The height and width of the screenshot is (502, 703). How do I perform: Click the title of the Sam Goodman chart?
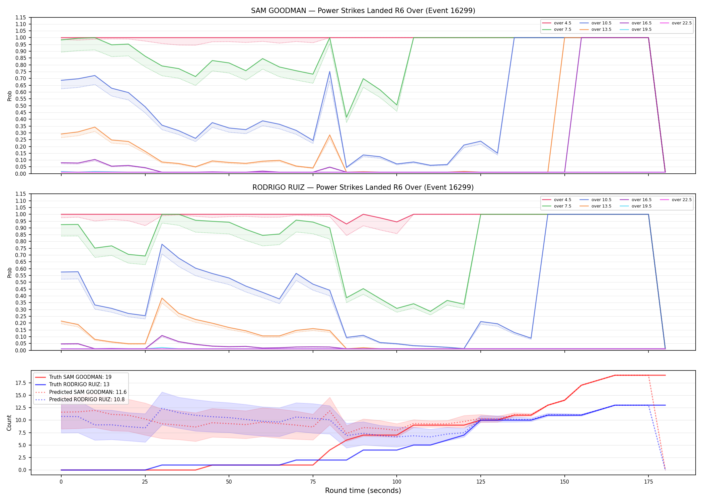point(363,11)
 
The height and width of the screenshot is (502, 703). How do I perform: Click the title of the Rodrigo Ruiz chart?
point(363,187)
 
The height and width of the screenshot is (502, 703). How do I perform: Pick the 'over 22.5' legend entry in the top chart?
point(676,23)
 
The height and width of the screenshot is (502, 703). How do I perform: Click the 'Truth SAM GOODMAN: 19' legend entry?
point(73,377)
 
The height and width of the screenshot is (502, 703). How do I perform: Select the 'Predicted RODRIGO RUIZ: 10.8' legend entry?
point(80,400)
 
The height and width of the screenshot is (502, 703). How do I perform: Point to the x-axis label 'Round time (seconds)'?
point(363,491)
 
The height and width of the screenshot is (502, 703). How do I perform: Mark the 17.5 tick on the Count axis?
point(22,383)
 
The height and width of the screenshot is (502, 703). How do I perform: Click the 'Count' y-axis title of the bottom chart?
point(9,423)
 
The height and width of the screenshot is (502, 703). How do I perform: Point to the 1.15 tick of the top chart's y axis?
point(21,17)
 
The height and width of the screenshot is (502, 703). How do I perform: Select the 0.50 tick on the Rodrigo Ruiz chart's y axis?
point(21,282)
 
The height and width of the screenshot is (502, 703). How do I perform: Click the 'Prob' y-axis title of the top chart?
point(9,96)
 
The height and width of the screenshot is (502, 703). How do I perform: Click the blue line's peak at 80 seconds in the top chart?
point(330,71)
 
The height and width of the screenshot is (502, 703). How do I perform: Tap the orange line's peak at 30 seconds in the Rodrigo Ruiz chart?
point(162,298)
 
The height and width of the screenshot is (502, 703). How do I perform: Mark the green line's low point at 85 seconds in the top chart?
point(346,117)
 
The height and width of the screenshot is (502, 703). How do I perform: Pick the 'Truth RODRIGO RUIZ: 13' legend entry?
point(72,385)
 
